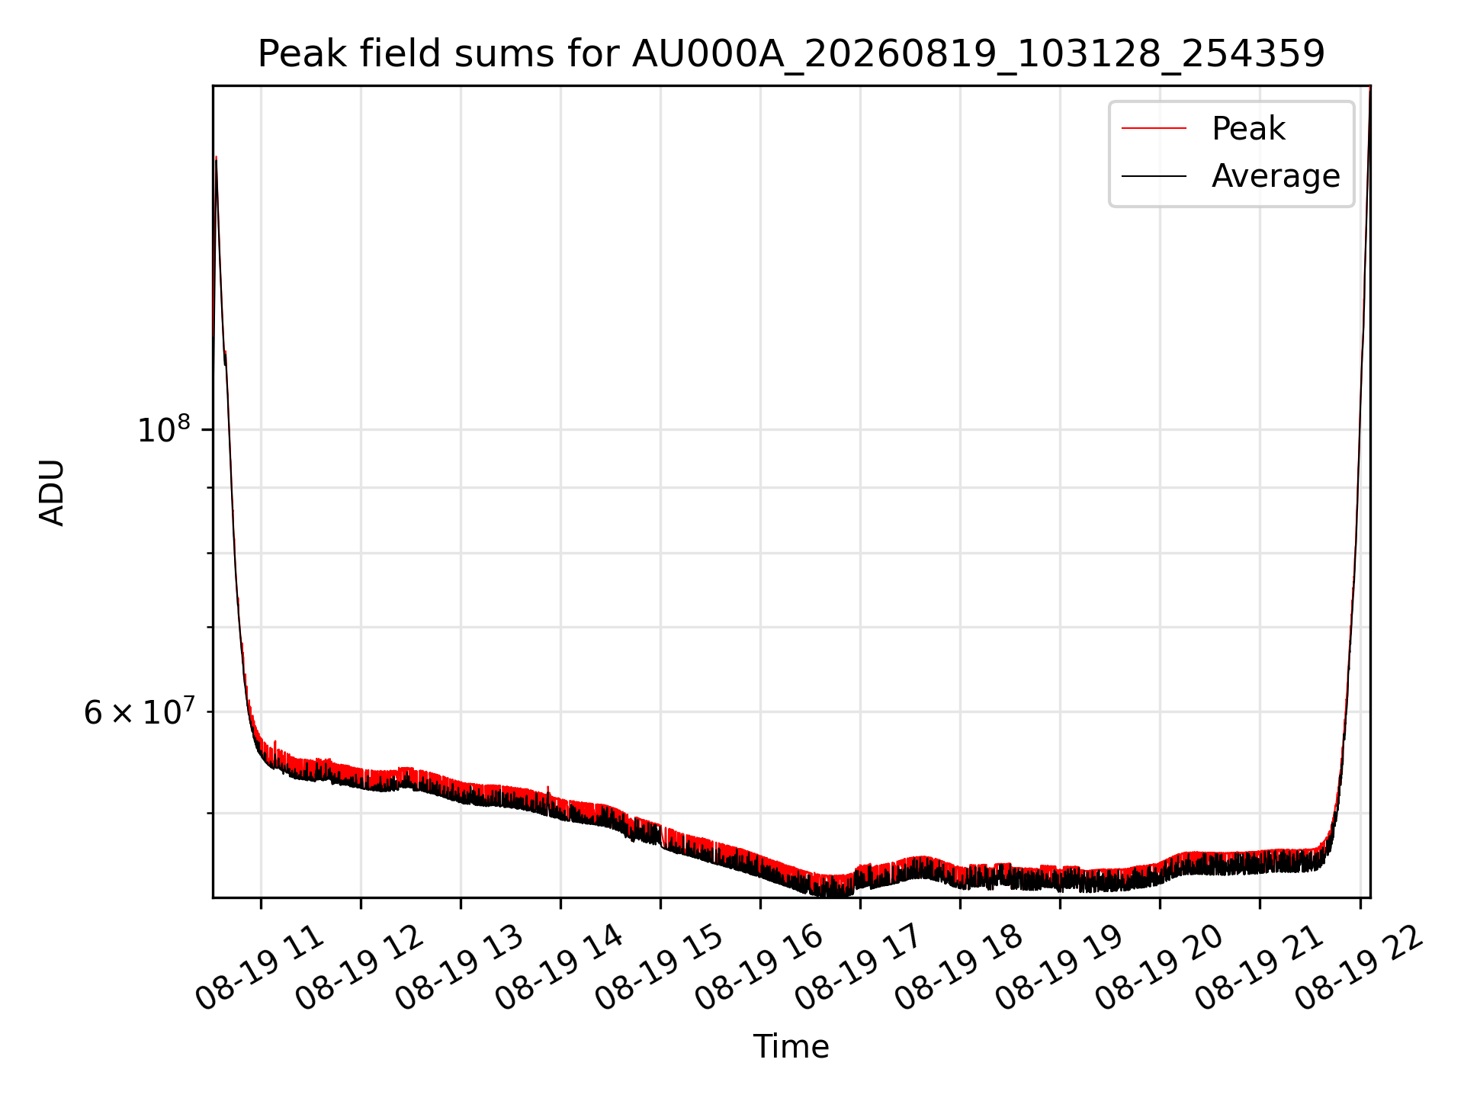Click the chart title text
pos(791,54)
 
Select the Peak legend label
pos(1248,128)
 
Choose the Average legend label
pos(1276,176)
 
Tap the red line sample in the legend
pos(1154,128)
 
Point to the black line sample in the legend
pos(1154,176)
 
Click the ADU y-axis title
pos(52,492)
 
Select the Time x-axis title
pos(791,1046)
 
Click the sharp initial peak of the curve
pos(217,157)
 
